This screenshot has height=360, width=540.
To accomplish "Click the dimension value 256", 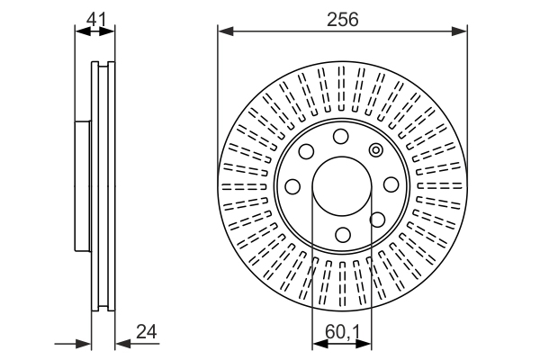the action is (x=342, y=19).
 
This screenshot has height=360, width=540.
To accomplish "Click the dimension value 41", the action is (x=97, y=19).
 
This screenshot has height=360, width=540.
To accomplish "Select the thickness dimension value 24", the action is (x=147, y=332).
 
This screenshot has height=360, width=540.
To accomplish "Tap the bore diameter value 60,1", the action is (x=342, y=332).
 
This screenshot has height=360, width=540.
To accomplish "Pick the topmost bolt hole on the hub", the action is (x=340, y=137).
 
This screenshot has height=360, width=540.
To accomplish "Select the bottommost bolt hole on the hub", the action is (x=343, y=235).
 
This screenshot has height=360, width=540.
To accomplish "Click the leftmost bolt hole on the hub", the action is (x=292, y=186).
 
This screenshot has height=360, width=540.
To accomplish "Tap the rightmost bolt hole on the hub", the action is (x=391, y=184).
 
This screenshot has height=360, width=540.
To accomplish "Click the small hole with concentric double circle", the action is (x=375, y=150).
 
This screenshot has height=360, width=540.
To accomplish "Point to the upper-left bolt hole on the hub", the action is (x=306, y=151).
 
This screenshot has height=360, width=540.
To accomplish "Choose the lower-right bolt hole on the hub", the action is (x=377, y=220).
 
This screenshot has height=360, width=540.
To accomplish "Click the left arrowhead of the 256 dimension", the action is (x=226, y=31).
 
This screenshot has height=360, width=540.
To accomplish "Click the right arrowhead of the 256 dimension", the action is (x=459, y=31).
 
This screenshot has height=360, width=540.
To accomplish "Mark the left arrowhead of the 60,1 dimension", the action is (x=319, y=344).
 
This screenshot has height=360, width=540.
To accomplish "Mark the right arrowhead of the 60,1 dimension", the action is (x=364, y=344).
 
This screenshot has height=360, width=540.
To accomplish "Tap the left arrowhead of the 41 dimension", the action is (x=83, y=31).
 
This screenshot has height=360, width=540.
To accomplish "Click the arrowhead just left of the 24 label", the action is (x=123, y=344).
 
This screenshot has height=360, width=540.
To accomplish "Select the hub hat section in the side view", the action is (x=83, y=186).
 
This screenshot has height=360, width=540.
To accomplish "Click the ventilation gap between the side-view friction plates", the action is (x=103, y=186).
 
